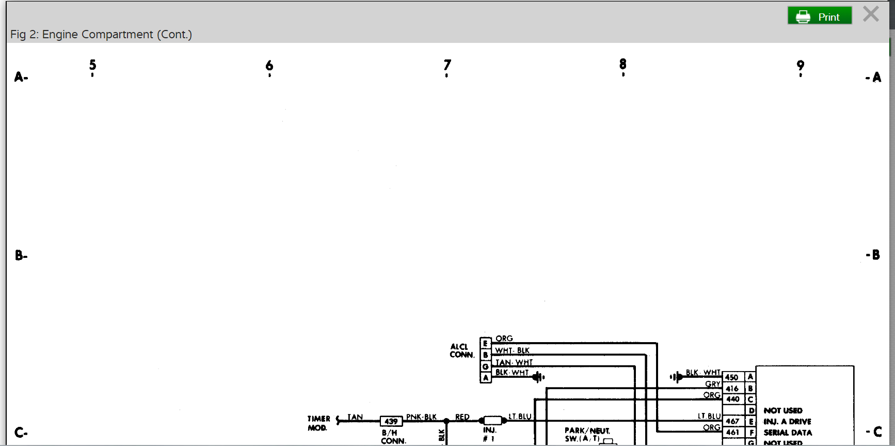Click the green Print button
point(819,16)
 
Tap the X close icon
point(871,14)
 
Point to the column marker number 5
point(92,65)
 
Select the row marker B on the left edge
point(20,255)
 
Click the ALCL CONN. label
point(461,351)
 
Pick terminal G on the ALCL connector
point(485,366)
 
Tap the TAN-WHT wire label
point(514,362)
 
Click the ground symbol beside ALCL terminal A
point(538,377)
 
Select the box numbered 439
point(391,421)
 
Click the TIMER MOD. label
point(318,423)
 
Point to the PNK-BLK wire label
point(421,417)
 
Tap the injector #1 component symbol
point(492,421)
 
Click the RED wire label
point(462,417)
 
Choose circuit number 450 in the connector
point(731,377)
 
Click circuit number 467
point(732,421)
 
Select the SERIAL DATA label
point(788,433)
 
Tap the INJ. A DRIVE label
point(787,422)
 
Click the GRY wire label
point(712,384)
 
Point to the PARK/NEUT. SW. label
point(587,434)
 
